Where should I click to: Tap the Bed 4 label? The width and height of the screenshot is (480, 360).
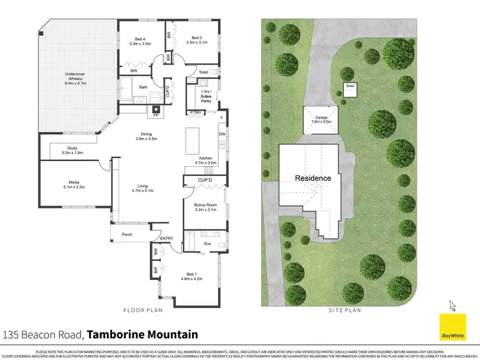point(140,40)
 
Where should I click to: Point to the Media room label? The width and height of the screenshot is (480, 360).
point(75,184)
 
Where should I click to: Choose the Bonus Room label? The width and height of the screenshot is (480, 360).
point(205,208)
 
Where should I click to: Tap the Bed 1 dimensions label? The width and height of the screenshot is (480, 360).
point(191,279)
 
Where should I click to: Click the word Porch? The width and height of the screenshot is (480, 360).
point(127,235)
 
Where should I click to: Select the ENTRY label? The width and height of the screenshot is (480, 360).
point(166,239)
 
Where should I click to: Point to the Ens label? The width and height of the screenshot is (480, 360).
point(207,244)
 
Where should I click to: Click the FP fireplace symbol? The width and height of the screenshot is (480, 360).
point(156,116)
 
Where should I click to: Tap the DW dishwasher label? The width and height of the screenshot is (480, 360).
point(221,134)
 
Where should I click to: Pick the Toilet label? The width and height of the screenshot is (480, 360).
point(204,72)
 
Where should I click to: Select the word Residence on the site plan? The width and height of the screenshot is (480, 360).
point(313,178)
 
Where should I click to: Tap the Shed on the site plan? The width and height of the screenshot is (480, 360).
point(350,90)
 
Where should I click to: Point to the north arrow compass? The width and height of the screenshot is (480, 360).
point(453,306)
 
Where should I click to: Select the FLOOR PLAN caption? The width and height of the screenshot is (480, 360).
point(143,310)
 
